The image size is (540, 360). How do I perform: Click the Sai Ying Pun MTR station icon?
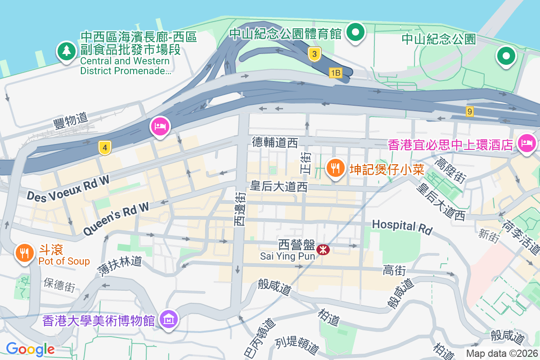tap(323, 249)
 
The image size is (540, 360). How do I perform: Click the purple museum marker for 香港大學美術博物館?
tap(169, 319)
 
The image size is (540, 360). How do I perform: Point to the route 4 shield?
tap(105, 147)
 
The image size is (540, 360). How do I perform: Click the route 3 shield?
tap(315, 54)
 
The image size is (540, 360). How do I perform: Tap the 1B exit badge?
tap(335, 72)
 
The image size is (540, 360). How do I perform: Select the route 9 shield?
tap(470, 111)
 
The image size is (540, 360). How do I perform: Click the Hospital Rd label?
tap(402, 226)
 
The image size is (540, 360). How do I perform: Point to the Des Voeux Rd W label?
tap(68, 188)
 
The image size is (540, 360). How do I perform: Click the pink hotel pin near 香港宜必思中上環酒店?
tap(526, 144)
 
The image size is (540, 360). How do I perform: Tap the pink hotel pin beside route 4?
tap(160, 126)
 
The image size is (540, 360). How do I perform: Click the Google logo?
tap(30, 349)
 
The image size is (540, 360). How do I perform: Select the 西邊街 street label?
tap(240, 209)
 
